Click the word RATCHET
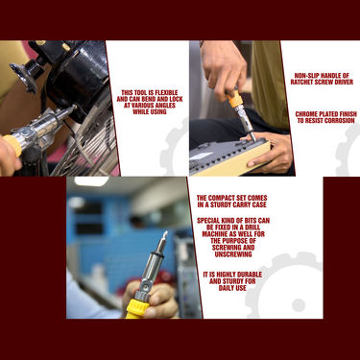point(302,83)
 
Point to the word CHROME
point(306,114)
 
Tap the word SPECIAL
point(208,221)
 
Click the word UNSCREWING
point(233,254)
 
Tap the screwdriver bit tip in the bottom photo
point(165,233)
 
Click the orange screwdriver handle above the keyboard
point(234,97)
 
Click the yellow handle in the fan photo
point(12,146)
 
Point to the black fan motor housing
point(80,79)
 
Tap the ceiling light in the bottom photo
point(91,181)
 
